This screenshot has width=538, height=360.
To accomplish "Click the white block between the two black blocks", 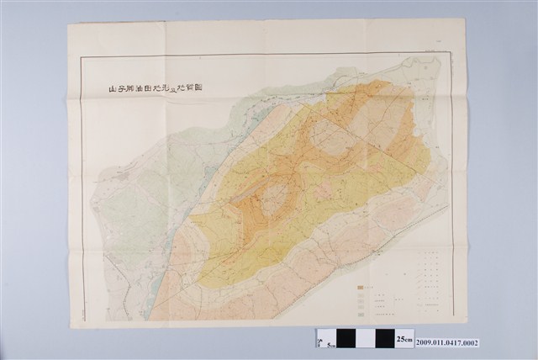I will pyautogui.click(x=367, y=338).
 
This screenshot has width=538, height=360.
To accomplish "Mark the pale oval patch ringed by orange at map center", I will pyautogui.click(x=274, y=201).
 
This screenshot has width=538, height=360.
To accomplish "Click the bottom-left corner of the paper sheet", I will pyautogui.click(x=71, y=328).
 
